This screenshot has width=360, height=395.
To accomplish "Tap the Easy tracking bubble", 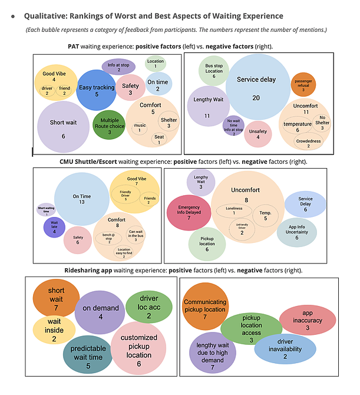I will click(96, 89).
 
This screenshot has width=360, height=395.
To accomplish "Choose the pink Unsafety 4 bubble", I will click(257, 133).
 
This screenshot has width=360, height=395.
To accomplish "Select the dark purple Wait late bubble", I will click(54, 227).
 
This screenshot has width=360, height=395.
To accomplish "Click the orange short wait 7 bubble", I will click(57, 298).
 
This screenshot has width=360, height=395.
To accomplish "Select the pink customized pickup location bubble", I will click(138, 350).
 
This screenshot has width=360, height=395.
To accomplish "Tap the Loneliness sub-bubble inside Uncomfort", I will click(233, 209).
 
